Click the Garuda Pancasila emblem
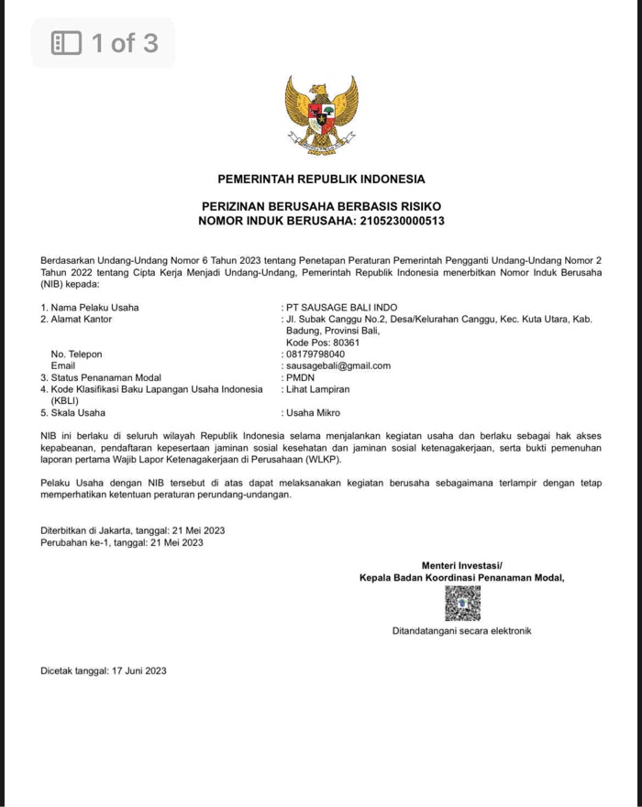click(x=320, y=115)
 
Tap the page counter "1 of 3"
click(x=124, y=43)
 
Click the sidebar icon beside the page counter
click(x=66, y=43)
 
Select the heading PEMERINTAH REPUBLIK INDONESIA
click(x=321, y=179)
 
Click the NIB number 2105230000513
click(x=401, y=221)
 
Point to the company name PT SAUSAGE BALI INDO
click(x=342, y=307)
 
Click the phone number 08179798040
click(x=315, y=354)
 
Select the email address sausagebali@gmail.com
click(x=338, y=365)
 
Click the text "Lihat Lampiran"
click(x=318, y=389)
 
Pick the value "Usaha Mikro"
click(x=313, y=413)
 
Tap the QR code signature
click(x=462, y=603)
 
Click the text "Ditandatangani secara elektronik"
click(x=461, y=631)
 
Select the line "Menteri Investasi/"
click(x=462, y=565)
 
